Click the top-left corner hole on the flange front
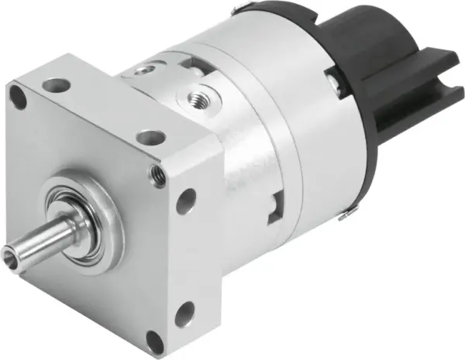pos(18,95)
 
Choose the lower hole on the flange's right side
pos(184,314)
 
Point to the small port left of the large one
pos(141,70)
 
